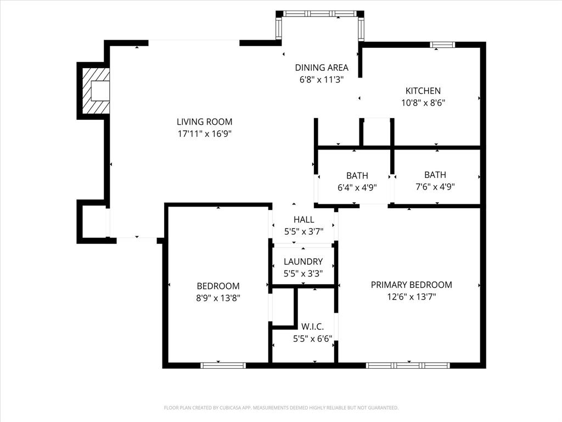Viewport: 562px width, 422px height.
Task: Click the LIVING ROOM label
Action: (x=204, y=122)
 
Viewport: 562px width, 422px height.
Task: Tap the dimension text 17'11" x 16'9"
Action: (x=204, y=134)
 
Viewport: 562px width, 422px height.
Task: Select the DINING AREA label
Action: (x=322, y=68)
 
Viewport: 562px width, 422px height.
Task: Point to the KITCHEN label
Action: (x=423, y=91)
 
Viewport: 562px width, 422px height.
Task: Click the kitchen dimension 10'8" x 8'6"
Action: (x=423, y=102)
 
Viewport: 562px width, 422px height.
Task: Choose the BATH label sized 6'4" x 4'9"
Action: (x=357, y=176)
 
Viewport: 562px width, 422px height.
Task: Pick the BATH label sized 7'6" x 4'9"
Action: (x=435, y=175)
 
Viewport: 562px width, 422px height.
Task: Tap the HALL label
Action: (x=304, y=220)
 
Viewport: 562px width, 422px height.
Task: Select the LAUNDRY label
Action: (x=303, y=262)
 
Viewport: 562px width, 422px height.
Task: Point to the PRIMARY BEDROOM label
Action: (x=411, y=285)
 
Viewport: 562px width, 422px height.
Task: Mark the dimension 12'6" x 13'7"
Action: (x=411, y=297)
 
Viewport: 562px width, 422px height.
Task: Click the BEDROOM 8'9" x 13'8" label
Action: (x=218, y=286)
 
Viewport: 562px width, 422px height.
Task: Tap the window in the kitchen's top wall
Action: (x=442, y=45)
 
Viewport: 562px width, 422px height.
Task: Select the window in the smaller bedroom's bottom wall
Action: (x=223, y=365)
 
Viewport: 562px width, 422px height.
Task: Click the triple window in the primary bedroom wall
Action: (x=408, y=365)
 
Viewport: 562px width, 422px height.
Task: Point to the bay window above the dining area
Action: (x=319, y=14)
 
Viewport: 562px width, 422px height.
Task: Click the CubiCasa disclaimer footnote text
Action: (x=281, y=408)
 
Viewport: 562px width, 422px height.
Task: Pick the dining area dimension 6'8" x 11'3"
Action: (x=322, y=79)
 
